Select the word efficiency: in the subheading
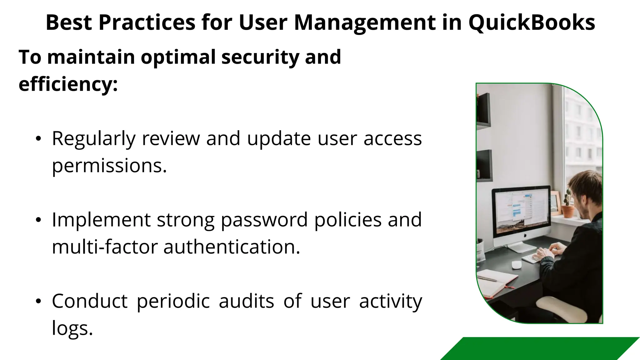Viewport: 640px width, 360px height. coord(68,84)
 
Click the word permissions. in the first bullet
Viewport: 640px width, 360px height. coord(109,166)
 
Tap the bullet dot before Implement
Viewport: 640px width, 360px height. coord(38,220)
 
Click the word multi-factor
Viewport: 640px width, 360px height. coord(104,247)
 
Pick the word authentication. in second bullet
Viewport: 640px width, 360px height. coord(232,247)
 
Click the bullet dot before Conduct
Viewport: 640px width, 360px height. coord(38,302)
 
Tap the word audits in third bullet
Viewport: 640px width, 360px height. coord(246,302)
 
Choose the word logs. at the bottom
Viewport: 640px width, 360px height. coord(72,328)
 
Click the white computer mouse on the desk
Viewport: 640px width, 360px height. coord(516,264)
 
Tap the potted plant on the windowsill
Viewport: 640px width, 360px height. coord(567,206)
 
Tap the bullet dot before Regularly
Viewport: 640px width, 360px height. coord(38,139)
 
